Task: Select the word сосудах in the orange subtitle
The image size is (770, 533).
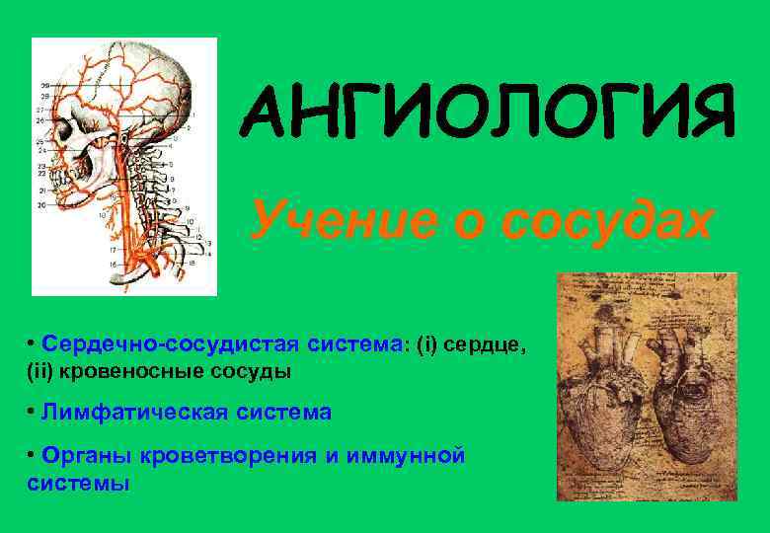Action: pyautogui.click(x=604, y=219)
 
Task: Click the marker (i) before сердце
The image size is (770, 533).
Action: pyautogui.click(x=426, y=344)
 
